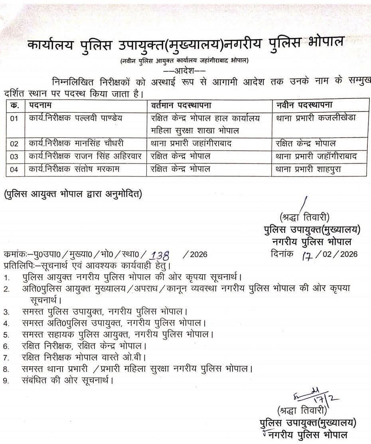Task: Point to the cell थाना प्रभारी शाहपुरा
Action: point(308,169)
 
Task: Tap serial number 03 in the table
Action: point(14,157)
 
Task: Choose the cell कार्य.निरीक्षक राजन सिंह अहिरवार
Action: point(85,156)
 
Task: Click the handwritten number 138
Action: point(159,255)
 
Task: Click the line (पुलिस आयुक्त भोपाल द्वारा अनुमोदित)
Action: point(72,195)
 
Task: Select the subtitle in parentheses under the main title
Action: point(185,61)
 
